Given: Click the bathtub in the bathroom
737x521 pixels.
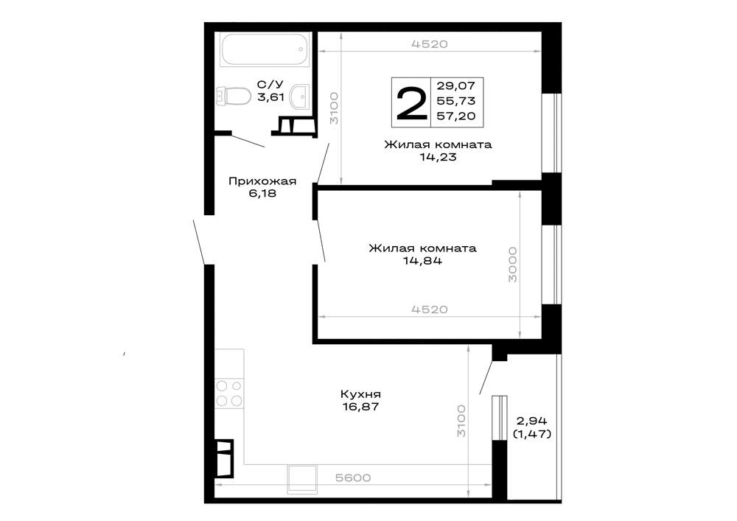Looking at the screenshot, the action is (x=265, y=49).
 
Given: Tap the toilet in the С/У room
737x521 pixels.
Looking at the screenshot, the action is (x=233, y=96).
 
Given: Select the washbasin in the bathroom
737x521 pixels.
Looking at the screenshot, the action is (x=299, y=97).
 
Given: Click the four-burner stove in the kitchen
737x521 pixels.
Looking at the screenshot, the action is (x=229, y=394).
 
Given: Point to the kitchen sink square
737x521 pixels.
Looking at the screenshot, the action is (x=302, y=479).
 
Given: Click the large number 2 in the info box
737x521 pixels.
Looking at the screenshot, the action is (x=412, y=103).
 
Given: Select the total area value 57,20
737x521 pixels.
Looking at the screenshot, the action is (x=456, y=116).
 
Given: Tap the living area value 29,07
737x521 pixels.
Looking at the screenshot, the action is (x=456, y=85).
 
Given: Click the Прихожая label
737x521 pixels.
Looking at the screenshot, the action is (x=262, y=181).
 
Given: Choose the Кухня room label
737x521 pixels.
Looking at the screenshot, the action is (x=360, y=394).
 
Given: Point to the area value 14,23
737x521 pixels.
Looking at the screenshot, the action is (x=438, y=157).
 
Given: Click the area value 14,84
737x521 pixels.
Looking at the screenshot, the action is (x=422, y=260).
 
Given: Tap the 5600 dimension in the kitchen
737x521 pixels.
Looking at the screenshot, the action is (x=353, y=478).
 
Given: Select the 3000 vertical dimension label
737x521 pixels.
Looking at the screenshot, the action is (x=512, y=265).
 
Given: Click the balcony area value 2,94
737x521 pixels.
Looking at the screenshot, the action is (x=531, y=421).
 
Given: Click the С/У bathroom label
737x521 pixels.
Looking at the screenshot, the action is (x=270, y=85).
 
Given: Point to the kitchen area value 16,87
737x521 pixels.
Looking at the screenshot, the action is (x=360, y=406).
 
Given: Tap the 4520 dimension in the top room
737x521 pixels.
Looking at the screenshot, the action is (x=430, y=44).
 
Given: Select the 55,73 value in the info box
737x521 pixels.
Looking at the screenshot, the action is (x=456, y=100).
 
